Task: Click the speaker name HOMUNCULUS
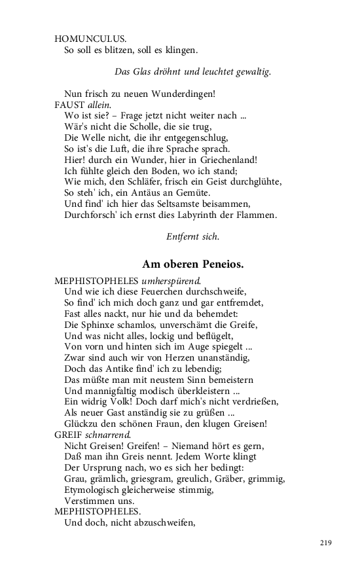[90, 39]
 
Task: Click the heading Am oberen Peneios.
[192, 264]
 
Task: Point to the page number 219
[327, 543]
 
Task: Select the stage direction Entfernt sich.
[192, 237]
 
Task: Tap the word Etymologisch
[97, 490]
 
